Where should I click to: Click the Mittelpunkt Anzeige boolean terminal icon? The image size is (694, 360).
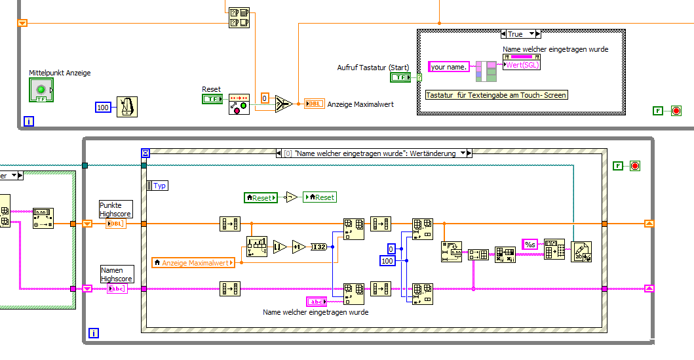[x=41, y=90]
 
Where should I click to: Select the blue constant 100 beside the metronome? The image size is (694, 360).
[x=103, y=106]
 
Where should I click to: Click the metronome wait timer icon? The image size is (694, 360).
[x=126, y=106]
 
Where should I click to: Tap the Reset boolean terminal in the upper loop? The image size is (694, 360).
[x=212, y=99]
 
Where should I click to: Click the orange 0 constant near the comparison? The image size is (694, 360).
[x=265, y=98]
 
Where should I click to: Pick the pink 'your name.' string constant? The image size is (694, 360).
[x=448, y=66]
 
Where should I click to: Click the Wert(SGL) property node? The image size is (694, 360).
[x=522, y=65]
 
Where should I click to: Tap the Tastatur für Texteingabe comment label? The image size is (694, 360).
[x=496, y=95]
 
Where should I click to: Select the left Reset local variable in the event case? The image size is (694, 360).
[x=260, y=197]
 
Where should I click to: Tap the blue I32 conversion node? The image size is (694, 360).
[x=318, y=247]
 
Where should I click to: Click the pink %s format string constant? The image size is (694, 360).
[x=530, y=244]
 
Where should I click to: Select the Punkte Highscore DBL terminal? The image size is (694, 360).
[x=116, y=224]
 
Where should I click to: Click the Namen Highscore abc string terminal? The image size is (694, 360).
[x=117, y=288]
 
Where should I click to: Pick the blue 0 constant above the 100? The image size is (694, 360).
[x=391, y=249]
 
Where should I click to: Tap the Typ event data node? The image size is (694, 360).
[x=158, y=186]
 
